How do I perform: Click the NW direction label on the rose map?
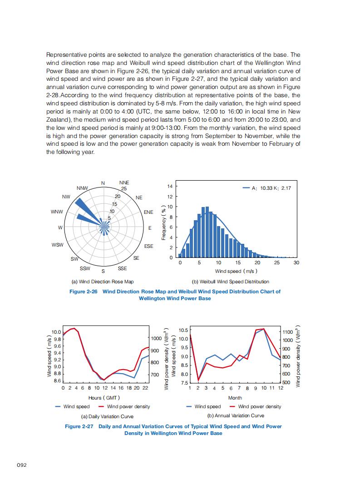[66, 197]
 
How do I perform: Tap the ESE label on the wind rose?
[149, 246]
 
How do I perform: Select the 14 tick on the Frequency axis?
[170, 187]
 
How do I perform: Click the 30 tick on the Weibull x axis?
[296, 263]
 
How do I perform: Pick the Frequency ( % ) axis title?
[163, 222]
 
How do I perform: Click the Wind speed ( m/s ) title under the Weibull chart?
[236, 271]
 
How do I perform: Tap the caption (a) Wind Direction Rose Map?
[100, 282]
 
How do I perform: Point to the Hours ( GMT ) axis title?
[104, 397]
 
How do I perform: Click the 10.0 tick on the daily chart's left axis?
[57, 332]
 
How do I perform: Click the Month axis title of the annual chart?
[235, 397]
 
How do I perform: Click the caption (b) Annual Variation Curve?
[236, 415]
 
